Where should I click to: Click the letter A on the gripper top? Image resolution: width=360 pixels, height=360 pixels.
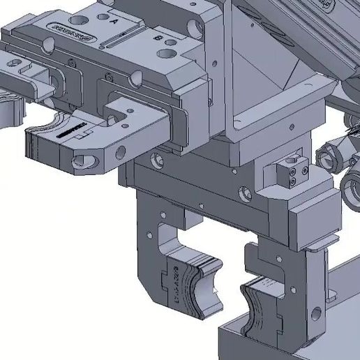[115, 22]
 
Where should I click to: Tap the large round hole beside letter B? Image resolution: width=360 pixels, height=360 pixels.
[167, 53]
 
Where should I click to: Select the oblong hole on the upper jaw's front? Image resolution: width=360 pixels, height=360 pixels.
[87, 163]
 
